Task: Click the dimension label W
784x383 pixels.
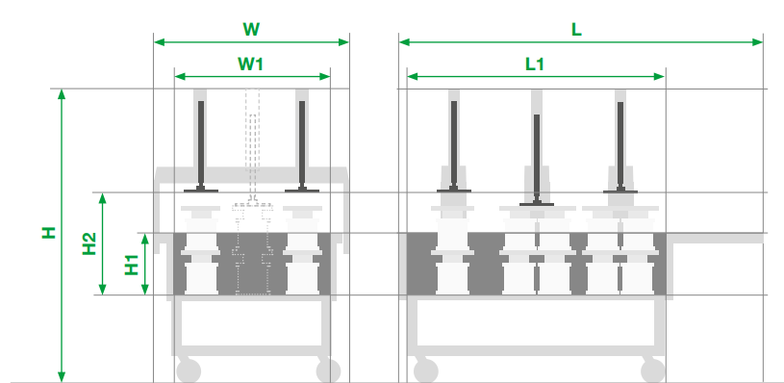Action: [251, 30]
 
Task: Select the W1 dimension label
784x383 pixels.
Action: [250, 64]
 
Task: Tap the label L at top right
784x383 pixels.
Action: [576, 30]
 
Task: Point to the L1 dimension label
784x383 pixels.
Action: [535, 64]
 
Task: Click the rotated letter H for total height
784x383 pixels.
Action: [48, 232]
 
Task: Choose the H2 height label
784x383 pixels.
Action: [89, 243]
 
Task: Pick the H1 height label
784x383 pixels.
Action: [132, 265]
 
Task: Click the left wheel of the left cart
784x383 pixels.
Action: [189, 370]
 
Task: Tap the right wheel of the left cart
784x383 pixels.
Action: [328, 370]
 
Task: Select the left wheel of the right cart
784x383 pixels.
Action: [426, 370]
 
